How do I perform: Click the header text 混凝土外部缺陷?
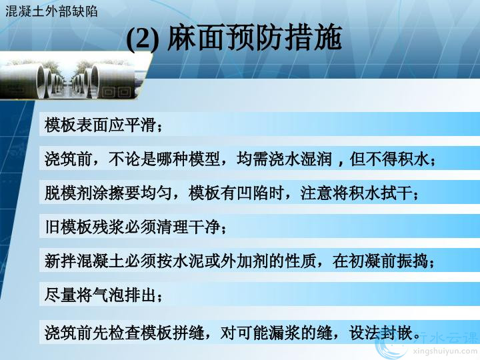[x=51, y=11]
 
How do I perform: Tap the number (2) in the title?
[x=143, y=39]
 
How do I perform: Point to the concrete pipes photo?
[x=69, y=79]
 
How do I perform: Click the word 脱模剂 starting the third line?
[x=69, y=193]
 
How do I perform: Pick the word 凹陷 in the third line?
[x=253, y=193]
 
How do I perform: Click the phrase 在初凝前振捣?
[x=381, y=261]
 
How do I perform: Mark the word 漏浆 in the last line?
[x=285, y=333]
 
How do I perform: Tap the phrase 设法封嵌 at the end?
[x=381, y=333]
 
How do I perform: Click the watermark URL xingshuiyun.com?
[x=446, y=351]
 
